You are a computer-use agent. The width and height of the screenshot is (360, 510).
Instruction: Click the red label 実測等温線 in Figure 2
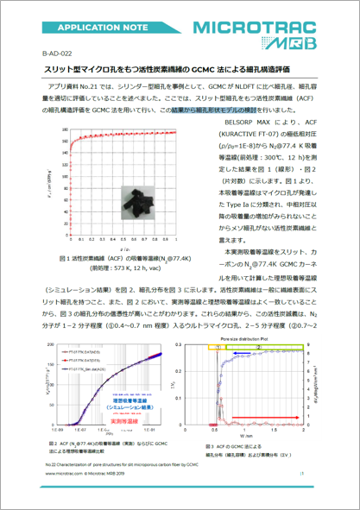click(121, 420)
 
